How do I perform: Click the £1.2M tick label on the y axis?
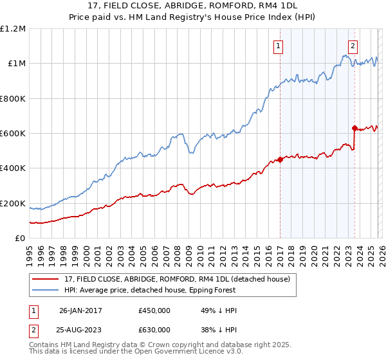tap(12, 29)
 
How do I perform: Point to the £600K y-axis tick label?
tap(12, 134)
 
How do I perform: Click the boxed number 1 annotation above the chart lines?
tap(279, 46)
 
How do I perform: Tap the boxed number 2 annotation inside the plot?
tap(353, 46)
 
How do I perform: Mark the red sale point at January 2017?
tap(280, 160)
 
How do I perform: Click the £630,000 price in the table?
tap(154, 329)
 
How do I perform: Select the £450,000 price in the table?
tap(154, 311)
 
